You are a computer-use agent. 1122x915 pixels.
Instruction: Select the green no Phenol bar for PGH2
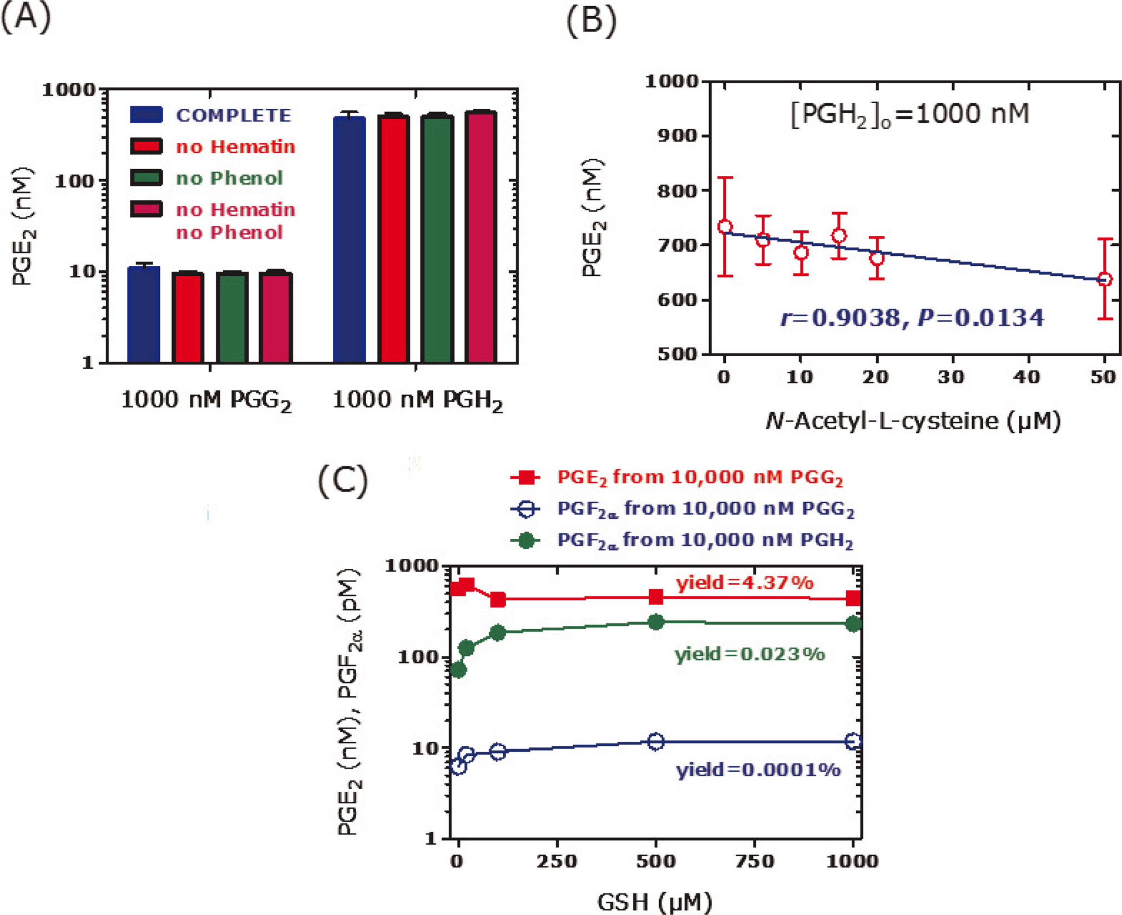tap(437, 239)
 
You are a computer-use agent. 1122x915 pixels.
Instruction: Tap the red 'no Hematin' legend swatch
tap(146, 146)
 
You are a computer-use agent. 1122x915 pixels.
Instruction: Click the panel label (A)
tap(26, 18)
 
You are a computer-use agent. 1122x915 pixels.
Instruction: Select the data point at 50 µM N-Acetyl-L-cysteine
tap(1105, 279)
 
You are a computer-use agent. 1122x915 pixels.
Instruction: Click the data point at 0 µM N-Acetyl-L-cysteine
tap(725, 226)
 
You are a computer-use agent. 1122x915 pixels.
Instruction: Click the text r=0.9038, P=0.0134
tap(912, 318)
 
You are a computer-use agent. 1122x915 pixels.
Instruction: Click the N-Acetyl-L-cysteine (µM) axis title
tap(913, 421)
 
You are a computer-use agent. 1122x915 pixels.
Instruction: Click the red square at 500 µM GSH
tap(656, 597)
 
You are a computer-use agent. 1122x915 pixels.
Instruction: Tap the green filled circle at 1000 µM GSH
tap(853, 624)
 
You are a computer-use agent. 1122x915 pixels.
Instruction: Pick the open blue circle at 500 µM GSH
tap(656, 741)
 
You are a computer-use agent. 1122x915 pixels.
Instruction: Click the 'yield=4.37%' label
tap(744, 583)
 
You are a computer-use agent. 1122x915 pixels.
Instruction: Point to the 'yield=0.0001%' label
tap(757, 770)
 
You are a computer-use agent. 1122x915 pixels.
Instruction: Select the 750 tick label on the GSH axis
tap(755, 861)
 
